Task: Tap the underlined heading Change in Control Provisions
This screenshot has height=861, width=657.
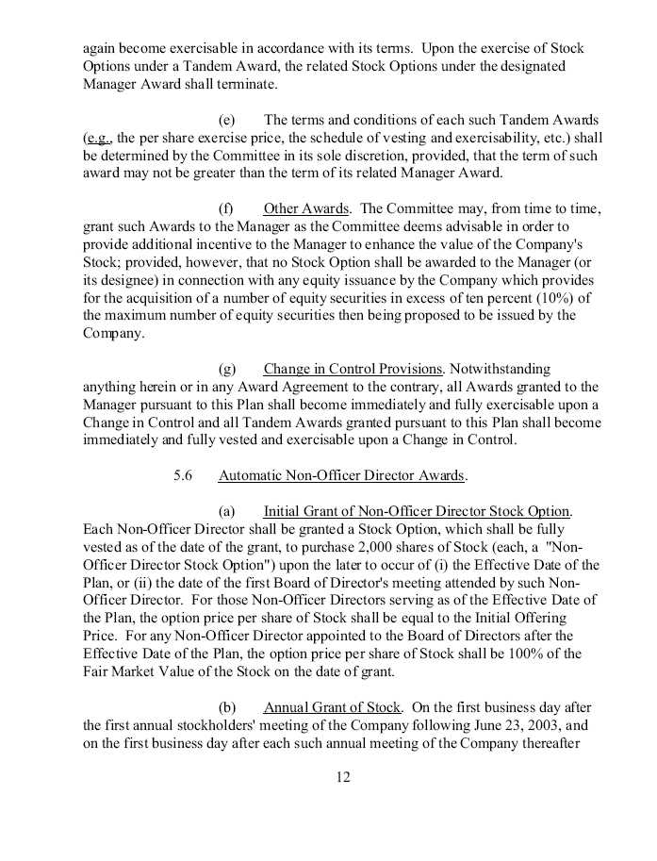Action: point(353,369)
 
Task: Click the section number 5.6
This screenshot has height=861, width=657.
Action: point(183,475)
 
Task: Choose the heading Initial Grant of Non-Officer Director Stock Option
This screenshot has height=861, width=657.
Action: point(418,511)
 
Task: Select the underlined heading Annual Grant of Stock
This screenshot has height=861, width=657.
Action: point(333,707)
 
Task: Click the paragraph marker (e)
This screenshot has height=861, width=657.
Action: point(226,120)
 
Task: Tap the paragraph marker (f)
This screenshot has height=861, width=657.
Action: point(226,208)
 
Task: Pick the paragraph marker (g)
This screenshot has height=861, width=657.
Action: point(226,369)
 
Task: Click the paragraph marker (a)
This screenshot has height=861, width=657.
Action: point(226,511)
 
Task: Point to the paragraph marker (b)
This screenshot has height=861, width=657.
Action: point(226,707)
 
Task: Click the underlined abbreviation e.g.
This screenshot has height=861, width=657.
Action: point(97,138)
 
